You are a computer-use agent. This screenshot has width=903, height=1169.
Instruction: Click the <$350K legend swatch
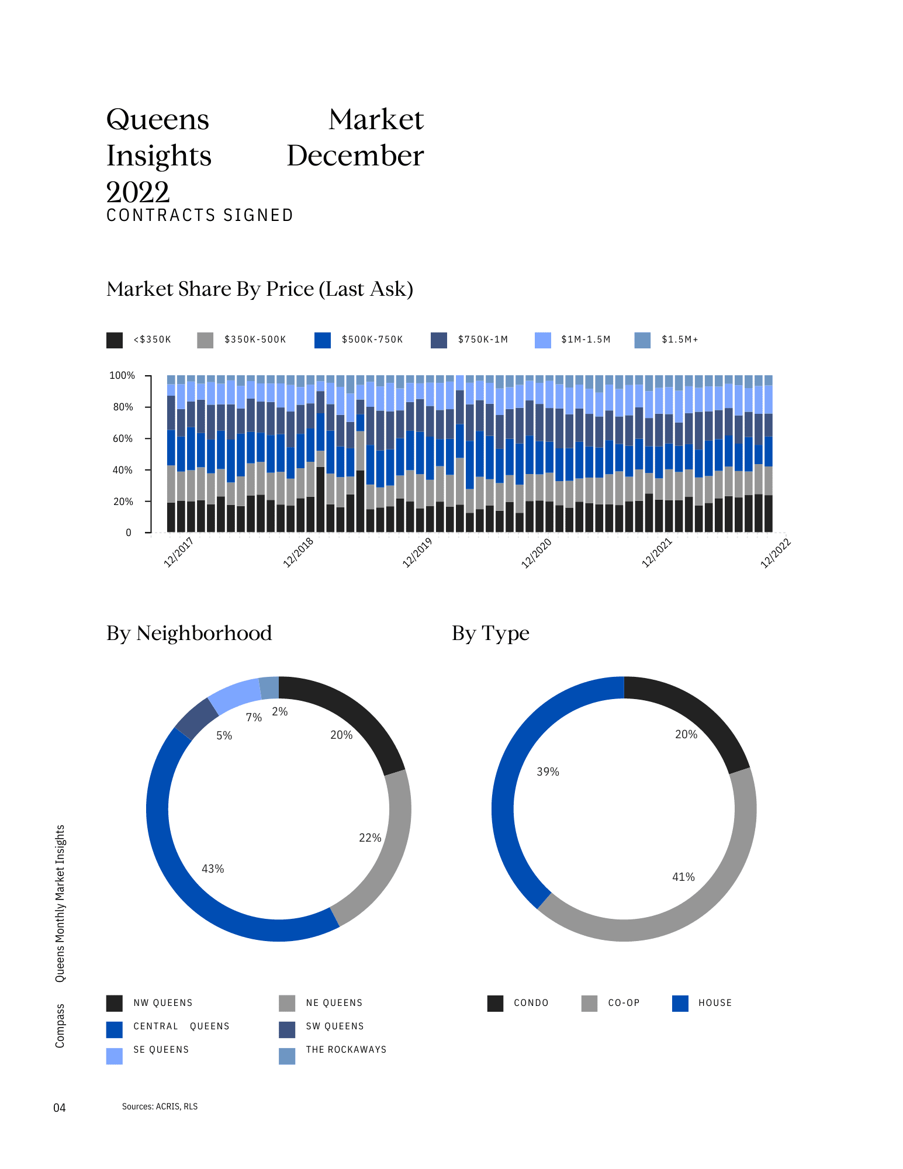click(x=115, y=340)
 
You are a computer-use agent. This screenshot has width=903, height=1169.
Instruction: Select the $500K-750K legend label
click(x=372, y=340)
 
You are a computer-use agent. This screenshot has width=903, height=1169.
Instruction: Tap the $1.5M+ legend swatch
click(x=642, y=340)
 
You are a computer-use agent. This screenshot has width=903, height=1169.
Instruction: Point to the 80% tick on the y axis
click(x=123, y=407)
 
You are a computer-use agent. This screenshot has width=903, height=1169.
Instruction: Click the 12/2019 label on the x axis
click(x=417, y=552)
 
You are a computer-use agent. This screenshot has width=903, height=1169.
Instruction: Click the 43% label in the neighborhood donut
click(x=213, y=869)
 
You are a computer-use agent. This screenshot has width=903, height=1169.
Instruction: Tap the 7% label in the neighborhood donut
click(x=254, y=717)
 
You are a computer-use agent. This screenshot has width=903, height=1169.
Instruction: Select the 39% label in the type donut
click(x=548, y=772)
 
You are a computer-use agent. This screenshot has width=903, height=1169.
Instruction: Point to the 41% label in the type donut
click(x=683, y=877)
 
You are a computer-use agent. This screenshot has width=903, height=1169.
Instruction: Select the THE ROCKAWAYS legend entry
click(x=346, y=1050)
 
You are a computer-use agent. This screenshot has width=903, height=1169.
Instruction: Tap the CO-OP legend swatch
click(x=590, y=1004)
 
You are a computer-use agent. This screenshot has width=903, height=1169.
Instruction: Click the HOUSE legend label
click(x=715, y=1003)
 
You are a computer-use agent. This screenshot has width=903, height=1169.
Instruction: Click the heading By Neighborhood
click(x=189, y=634)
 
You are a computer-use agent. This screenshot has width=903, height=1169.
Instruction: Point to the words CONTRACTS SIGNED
click(x=200, y=216)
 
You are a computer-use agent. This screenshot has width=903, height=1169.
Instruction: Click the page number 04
click(x=60, y=1108)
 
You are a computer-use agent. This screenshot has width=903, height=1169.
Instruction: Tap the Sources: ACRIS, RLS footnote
click(x=160, y=1106)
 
